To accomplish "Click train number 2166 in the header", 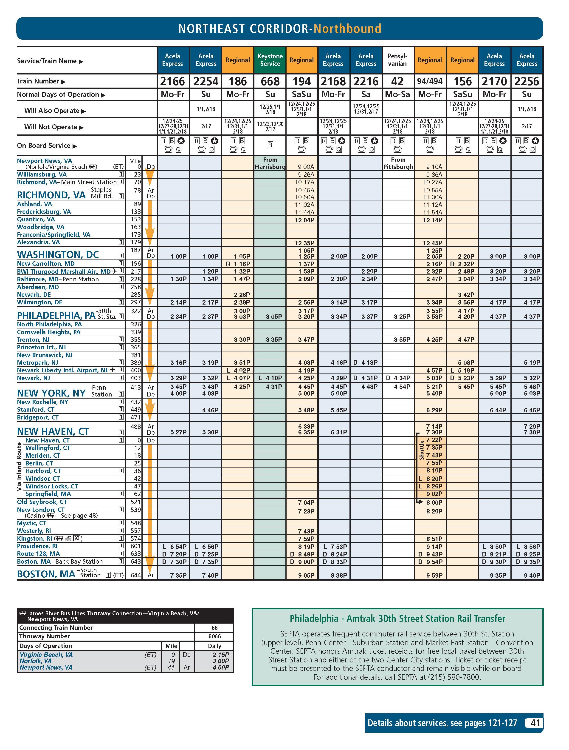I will pyautogui.click(x=172, y=81).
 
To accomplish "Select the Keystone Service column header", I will pyautogui.click(x=270, y=60).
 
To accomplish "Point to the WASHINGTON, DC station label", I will pyautogui.click(x=58, y=255).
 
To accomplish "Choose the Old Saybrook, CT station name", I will pyautogui.click(x=42, y=502).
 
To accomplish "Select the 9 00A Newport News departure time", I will pyautogui.click(x=306, y=167).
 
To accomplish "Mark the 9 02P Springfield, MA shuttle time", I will pyautogui.click(x=434, y=494).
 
